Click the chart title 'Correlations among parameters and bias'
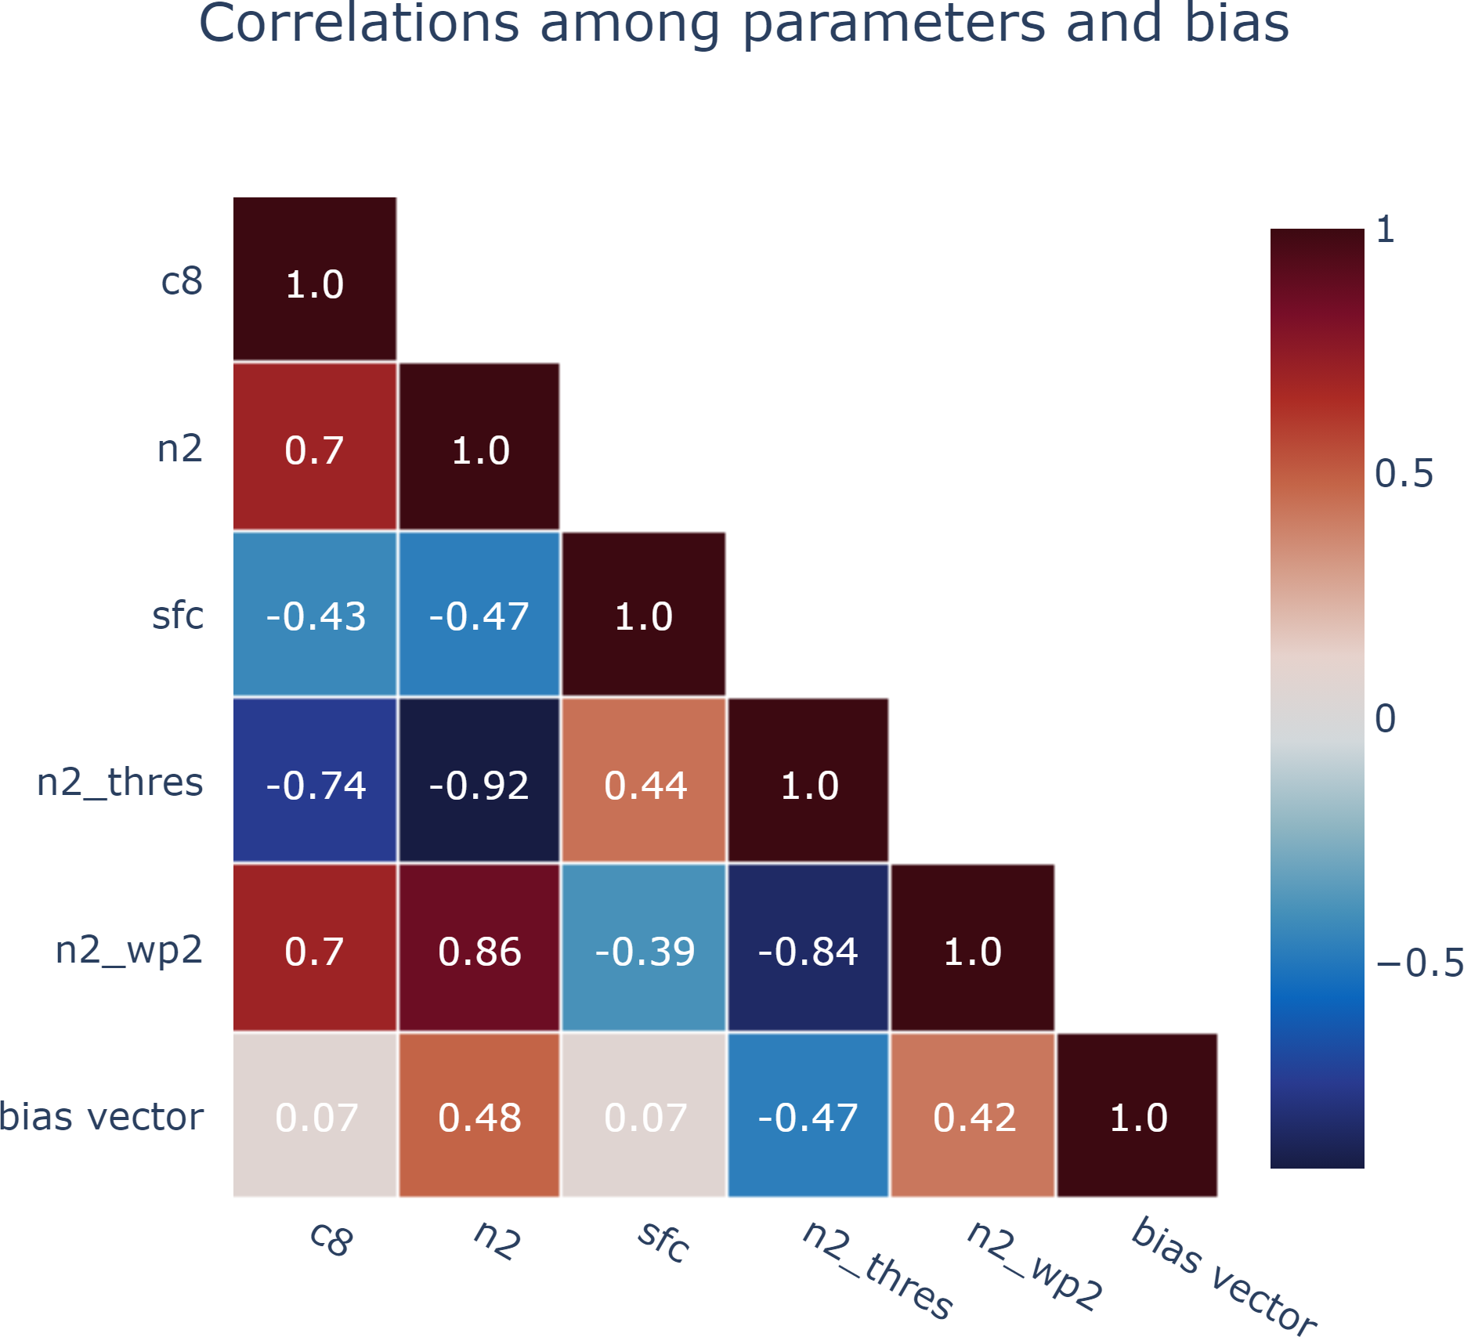point(743,23)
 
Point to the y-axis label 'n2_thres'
point(120,782)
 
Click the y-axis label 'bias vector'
point(101,1116)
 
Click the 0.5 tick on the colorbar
point(1404,474)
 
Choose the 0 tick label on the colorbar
point(1385,718)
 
